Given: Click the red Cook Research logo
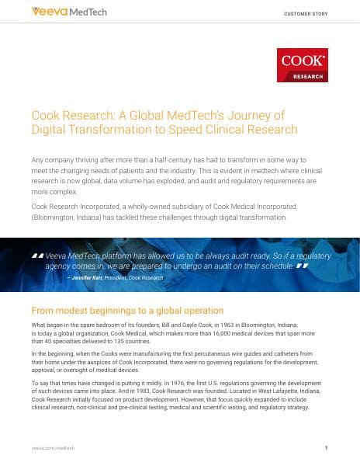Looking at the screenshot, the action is (302, 65).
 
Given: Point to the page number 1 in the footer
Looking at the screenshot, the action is (327, 448).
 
